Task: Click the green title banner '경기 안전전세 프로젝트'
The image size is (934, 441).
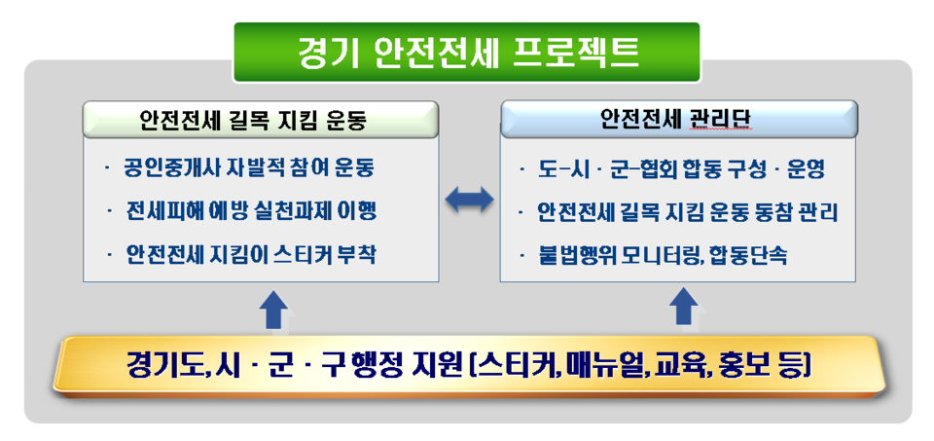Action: tap(467, 52)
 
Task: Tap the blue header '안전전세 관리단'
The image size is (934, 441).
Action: tap(679, 120)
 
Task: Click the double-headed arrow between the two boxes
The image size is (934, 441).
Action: tap(469, 200)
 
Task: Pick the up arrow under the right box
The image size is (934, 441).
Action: tap(685, 311)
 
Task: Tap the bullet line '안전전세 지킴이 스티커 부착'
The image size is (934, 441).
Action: tap(251, 255)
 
